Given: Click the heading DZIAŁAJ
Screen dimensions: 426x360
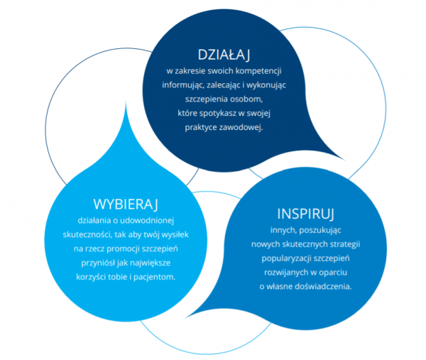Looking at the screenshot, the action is coord(224,55).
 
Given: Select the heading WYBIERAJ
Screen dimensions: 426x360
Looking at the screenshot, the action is coord(126,204).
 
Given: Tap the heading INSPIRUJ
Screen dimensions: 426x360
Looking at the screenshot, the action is coord(305,214).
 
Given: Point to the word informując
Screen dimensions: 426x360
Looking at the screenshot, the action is coord(183,85).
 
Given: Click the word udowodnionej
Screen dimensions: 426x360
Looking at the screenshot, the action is coord(147,220).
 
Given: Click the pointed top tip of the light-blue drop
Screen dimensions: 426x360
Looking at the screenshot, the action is coord(126,100).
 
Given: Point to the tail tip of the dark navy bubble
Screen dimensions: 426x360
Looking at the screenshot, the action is coord(346,160).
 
